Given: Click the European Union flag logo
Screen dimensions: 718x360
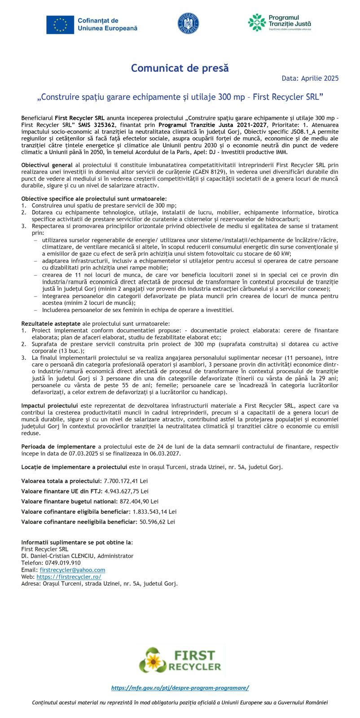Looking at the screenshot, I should [60, 24].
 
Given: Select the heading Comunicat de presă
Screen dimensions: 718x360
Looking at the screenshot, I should [180, 68].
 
